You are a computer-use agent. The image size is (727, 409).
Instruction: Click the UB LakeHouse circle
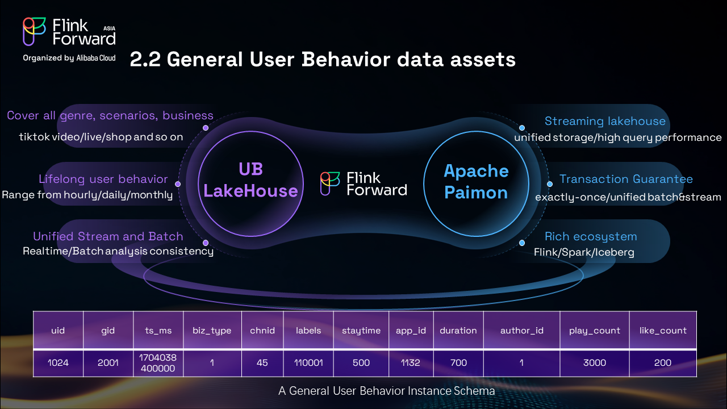click(x=250, y=180)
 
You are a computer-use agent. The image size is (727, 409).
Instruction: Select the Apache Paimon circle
click(x=476, y=181)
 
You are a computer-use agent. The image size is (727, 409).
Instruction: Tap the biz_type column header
click(x=212, y=330)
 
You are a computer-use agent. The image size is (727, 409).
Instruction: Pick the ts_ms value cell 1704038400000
click(x=158, y=362)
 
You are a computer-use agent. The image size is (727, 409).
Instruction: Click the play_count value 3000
click(x=595, y=362)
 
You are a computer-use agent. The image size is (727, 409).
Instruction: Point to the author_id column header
click(x=521, y=330)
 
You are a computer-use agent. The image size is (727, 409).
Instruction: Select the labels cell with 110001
click(x=308, y=362)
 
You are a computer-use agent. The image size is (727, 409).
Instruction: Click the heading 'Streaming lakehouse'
click(x=605, y=121)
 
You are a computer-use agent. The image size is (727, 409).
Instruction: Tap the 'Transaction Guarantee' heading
click(x=626, y=179)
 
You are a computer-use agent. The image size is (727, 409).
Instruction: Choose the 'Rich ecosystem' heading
click(x=591, y=236)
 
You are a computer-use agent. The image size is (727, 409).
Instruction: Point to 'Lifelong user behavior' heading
click(x=103, y=179)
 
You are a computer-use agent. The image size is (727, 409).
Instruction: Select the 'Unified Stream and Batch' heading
click(x=108, y=236)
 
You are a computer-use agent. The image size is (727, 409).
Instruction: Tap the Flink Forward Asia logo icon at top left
click(x=34, y=31)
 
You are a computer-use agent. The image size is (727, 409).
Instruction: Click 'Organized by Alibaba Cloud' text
click(x=69, y=58)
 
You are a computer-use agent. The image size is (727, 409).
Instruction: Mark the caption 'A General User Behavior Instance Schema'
click(x=386, y=391)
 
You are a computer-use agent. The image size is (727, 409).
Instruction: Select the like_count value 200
click(x=663, y=362)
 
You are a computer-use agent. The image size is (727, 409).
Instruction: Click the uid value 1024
click(x=58, y=362)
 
